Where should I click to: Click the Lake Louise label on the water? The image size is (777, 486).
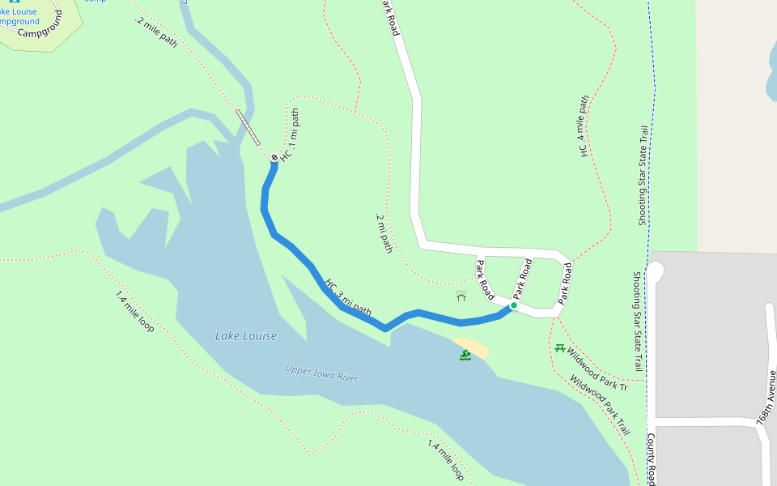point(246,336)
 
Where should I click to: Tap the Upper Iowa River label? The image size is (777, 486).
point(321,373)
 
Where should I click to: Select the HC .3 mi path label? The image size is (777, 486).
point(348,297)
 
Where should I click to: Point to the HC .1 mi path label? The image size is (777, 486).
point(290,134)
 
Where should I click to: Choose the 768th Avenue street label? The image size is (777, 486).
point(764,405)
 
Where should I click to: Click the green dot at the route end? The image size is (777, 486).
point(513,305)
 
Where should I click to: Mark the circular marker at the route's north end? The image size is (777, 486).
point(274,157)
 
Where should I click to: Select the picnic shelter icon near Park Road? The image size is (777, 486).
point(461,296)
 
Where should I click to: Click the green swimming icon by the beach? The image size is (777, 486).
point(465,355)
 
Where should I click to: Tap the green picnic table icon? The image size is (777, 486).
point(559,348)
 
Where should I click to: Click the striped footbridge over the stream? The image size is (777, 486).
point(248,126)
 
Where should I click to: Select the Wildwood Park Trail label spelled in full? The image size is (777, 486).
point(600,405)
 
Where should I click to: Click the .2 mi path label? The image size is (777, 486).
point(384,233)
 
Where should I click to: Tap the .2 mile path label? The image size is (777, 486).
point(156,31)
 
